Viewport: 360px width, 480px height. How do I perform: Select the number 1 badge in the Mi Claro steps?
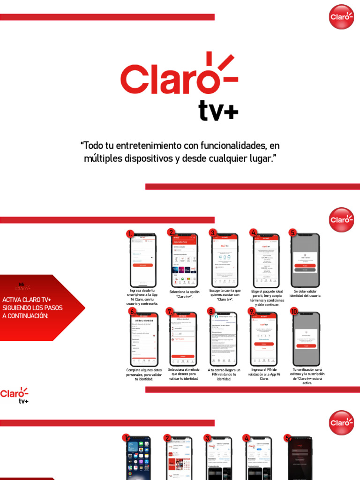click(130, 233)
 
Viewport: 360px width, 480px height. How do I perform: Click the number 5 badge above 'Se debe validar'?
click(293, 232)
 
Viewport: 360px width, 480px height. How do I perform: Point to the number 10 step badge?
click(294, 311)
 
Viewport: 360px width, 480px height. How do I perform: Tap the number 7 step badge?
click(170, 311)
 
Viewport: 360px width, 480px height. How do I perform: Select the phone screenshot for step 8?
click(224, 339)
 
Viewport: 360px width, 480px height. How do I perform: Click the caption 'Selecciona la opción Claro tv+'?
click(184, 294)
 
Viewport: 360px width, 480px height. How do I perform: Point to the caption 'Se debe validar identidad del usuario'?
click(305, 293)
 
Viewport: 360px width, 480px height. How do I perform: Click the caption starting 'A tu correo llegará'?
click(224, 374)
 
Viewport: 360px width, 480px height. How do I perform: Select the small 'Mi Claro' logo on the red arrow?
click(22, 286)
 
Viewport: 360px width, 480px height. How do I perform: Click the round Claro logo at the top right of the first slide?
click(341, 17)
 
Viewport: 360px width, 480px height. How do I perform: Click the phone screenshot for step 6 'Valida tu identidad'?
click(144, 339)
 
